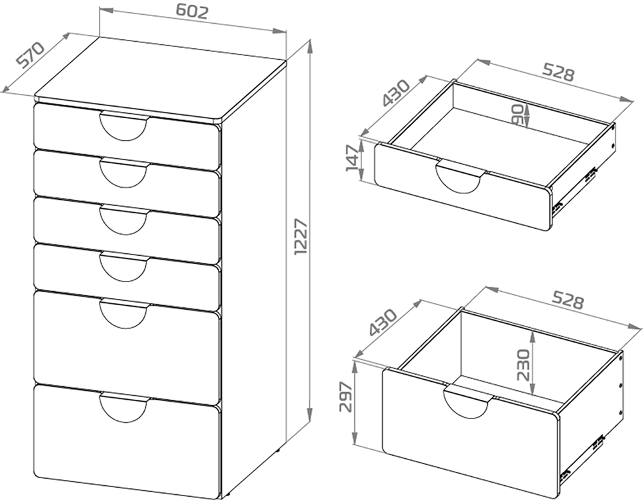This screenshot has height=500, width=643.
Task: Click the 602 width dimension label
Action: point(192,12)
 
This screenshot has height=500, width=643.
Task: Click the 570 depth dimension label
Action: point(30,54)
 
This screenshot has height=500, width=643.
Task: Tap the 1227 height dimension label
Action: point(301,237)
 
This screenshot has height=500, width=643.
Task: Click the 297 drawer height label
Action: point(347,397)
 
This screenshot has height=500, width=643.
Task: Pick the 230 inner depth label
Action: point(523,365)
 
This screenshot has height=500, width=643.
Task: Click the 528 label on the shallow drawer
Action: point(558,72)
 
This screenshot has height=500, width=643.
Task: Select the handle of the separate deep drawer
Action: point(467,401)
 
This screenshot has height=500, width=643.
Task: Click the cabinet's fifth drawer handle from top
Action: point(123,314)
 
